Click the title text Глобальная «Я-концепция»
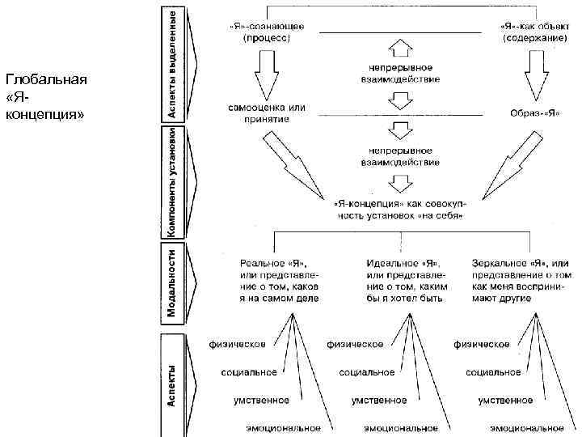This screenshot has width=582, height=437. point(45,95)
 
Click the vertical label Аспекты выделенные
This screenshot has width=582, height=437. point(173,63)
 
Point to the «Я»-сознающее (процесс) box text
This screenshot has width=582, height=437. point(264,32)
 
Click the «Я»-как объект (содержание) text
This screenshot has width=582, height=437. point(530,32)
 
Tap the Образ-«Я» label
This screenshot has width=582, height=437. point(535,113)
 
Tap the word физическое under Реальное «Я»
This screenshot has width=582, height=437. point(238,345)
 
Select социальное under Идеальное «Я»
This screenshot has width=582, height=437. point(367,372)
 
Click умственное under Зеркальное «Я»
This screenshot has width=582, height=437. point(505,401)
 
